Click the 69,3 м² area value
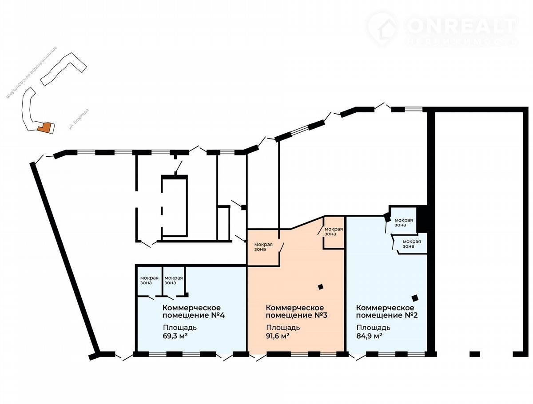pos(175,337)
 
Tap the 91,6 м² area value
pos(278,337)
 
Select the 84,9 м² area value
pos(369,337)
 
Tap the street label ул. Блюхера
pos(79,119)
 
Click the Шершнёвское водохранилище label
pos(32,72)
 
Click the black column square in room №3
pos(321,287)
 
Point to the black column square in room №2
pos(415,298)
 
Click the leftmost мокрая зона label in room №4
pos(149,281)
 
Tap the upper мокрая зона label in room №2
pos(404,222)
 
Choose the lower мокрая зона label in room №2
pos(412,244)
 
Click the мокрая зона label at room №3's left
pos(263,247)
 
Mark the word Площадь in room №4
pos(180,328)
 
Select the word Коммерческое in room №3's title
pos(295,308)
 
